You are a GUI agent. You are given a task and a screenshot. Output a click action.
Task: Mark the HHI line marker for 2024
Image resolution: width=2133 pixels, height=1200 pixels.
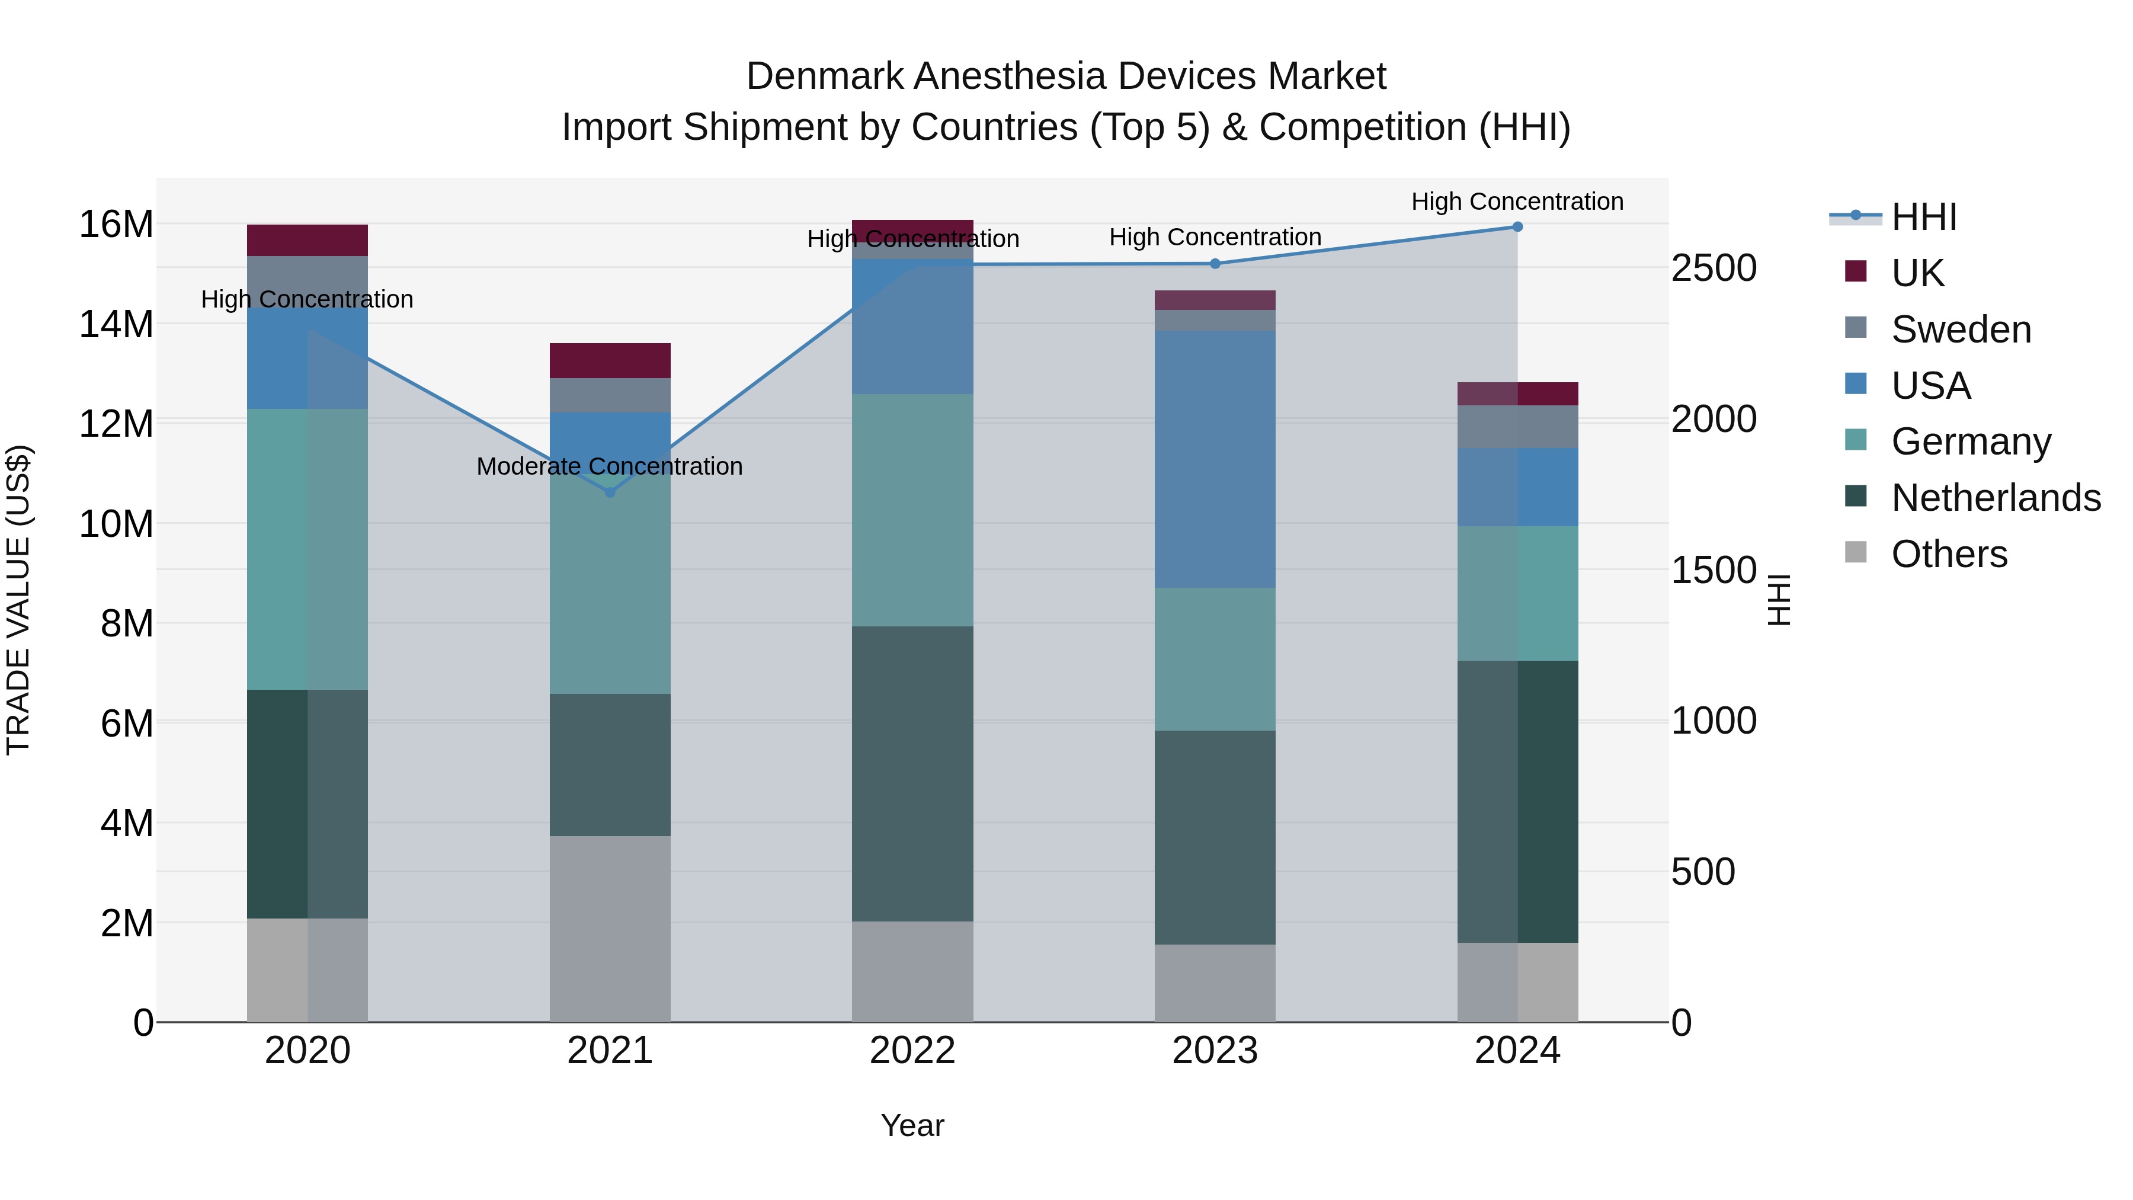(x=1517, y=227)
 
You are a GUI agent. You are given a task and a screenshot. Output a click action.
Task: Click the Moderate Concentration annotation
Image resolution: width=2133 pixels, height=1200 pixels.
(x=610, y=466)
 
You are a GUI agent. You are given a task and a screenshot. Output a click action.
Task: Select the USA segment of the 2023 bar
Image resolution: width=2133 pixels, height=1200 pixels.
(x=1215, y=460)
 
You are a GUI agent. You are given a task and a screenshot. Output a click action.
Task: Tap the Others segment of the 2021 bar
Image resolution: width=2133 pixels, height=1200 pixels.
(x=610, y=929)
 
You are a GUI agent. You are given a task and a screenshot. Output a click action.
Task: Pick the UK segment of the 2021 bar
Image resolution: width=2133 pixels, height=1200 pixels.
(x=610, y=360)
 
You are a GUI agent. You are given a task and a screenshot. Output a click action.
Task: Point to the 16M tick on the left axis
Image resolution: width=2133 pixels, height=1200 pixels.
(x=116, y=225)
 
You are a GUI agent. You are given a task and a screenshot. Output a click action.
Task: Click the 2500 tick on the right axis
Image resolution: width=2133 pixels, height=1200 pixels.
(x=1713, y=268)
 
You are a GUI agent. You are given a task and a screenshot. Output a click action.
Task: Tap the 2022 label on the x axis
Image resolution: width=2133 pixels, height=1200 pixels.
(x=912, y=1051)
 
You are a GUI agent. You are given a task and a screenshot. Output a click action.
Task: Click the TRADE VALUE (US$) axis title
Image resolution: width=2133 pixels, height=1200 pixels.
(x=18, y=600)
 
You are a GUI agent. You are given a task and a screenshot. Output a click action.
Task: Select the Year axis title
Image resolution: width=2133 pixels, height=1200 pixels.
(x=912, y=1125)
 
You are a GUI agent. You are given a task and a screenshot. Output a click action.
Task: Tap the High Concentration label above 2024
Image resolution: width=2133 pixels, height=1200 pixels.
(x=1517, y=201)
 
